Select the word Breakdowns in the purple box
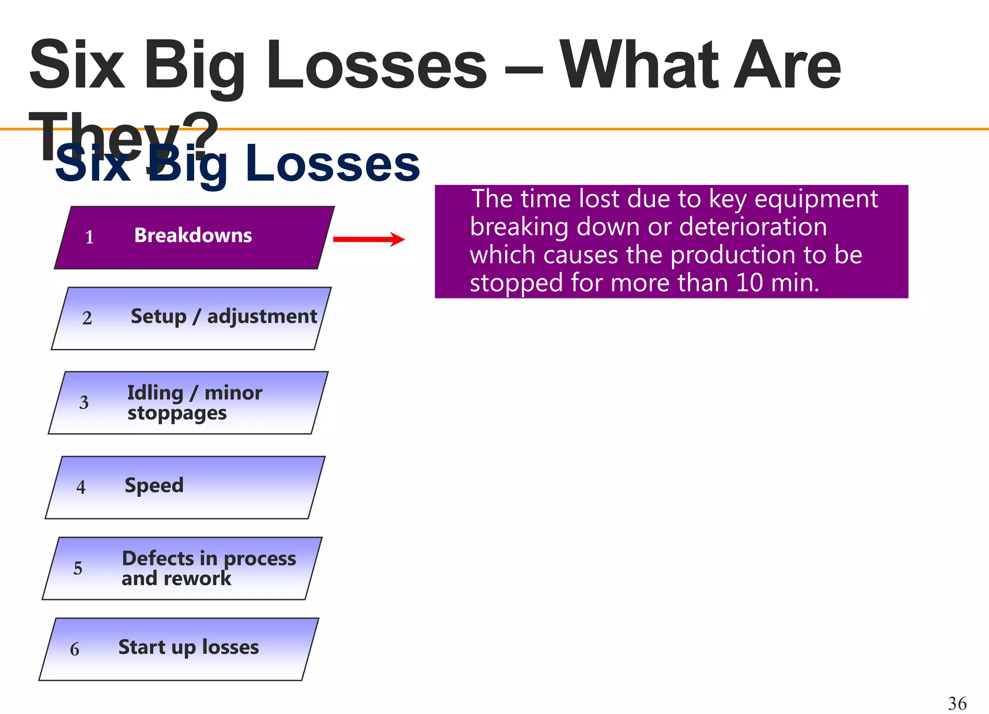[x=193, y=236]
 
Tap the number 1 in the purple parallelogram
[x=89, y=237]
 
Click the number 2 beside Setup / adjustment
[x=87, y=318]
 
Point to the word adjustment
[x=262, y=317]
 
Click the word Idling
[x=155, y=393]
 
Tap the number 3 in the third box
[x=84, y=402]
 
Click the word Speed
[x=154, y=486]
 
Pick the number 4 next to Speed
[x=81, y=487]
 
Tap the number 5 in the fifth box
[x=78, y=568]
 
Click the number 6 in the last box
[x=74, y=649]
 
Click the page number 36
[x=957, y=703]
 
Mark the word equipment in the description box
[x=816, y=200]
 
